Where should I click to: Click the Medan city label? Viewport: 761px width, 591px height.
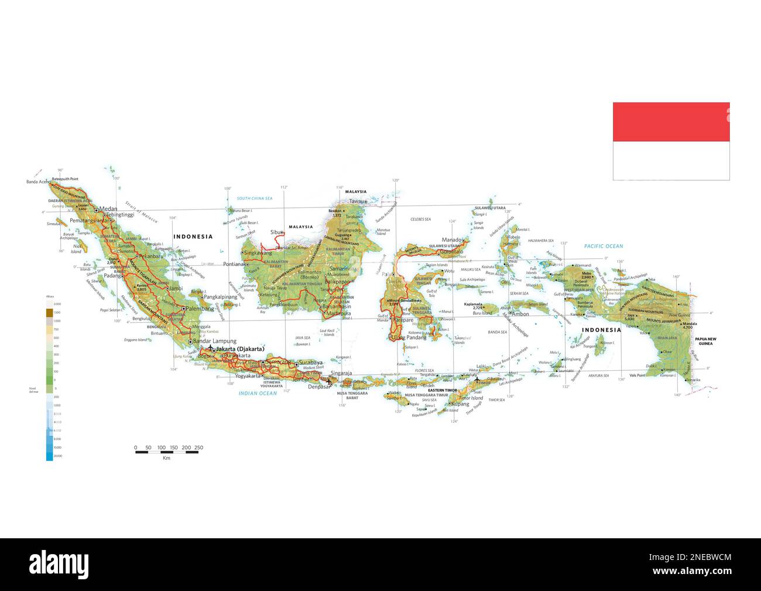[x=108, y=209]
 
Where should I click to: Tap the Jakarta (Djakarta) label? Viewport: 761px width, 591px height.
[x=240, y=349]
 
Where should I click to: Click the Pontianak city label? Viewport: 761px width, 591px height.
[x=234, y=264]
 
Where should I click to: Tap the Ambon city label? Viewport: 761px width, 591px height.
[x=520, y=314]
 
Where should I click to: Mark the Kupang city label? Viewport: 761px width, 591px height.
[x=460, y=404]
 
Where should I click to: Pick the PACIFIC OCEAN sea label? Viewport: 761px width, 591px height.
[x=603, y=246]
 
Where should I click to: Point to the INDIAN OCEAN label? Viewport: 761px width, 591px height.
[x=258, y=394]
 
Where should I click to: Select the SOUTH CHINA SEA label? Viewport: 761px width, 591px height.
[x=255, y=199]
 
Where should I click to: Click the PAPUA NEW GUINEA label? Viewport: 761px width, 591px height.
[x=705, y=341]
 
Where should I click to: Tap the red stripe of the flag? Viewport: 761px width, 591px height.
[x=671, y=122]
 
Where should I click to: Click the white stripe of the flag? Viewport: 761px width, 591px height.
[x=671, y=160]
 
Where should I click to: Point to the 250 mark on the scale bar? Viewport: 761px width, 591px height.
[x=198, y=447]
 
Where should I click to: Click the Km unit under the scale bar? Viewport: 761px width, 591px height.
[x=167, y=458]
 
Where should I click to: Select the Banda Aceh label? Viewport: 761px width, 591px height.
[x=39, y=182]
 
